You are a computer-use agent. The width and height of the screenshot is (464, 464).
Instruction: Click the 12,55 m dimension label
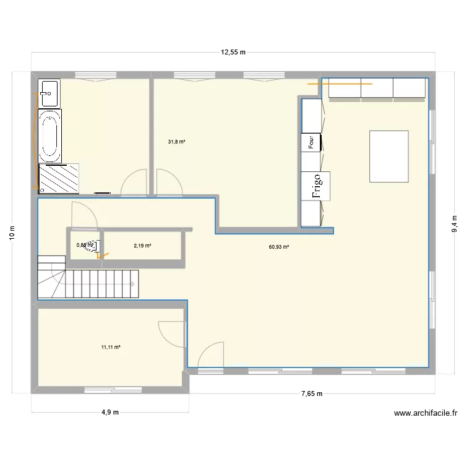pos(233,53)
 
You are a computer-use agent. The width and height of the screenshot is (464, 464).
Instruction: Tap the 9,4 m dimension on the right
pos(453,223)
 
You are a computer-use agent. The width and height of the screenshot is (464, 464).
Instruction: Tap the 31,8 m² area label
pos(176,142)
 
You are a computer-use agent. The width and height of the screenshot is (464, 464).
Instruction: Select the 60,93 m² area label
pos(279,246)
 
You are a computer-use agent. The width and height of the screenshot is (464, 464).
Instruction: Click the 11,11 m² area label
pos(111,347)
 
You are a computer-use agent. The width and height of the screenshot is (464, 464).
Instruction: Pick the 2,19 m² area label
pos(142,246)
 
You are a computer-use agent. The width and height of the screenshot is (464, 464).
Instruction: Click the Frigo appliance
pos(316,186)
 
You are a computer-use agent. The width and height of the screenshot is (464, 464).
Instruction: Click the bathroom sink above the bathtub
pos(48,93)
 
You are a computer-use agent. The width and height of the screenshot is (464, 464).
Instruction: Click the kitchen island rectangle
pos(389,156)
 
